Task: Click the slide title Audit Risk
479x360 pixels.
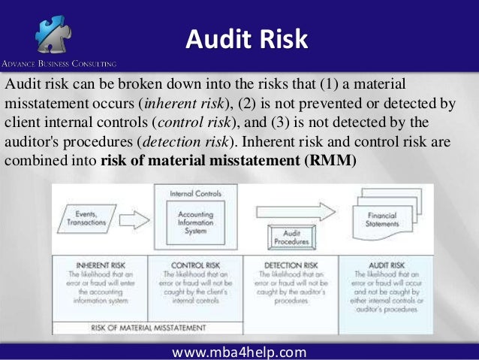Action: click(x=247, y=38)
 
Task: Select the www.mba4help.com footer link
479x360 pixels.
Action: click(x=239, y=352)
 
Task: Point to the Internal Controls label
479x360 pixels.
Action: click(x=195, y=193)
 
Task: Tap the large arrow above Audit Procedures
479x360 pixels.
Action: click(x=293, y=210)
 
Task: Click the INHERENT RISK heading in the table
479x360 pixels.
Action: click(x=99, y=265)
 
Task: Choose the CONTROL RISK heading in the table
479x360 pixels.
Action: click(x=195, y=265)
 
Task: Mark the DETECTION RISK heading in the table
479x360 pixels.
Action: click(x=291, y=265)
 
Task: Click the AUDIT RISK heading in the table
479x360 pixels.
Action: click(x=386, y=265)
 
